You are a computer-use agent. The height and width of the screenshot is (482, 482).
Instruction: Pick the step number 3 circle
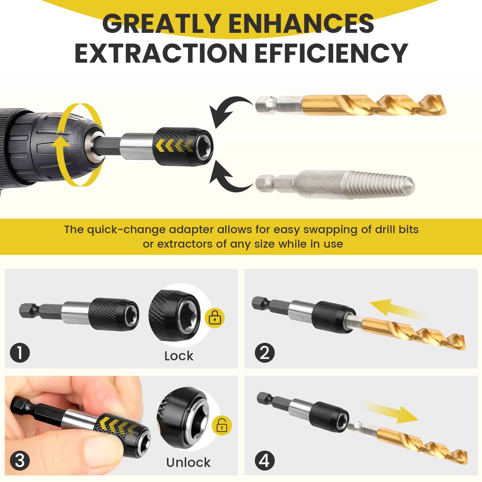point(20,461)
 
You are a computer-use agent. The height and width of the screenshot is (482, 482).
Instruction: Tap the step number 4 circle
point(264,461)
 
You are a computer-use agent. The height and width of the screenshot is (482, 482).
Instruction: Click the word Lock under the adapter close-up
point(179,356)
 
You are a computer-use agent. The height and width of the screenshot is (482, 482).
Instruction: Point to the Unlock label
point(188,462)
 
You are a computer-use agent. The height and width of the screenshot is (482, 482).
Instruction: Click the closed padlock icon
point(214,317)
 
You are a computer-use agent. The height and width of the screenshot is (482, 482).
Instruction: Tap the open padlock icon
point(222,425)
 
